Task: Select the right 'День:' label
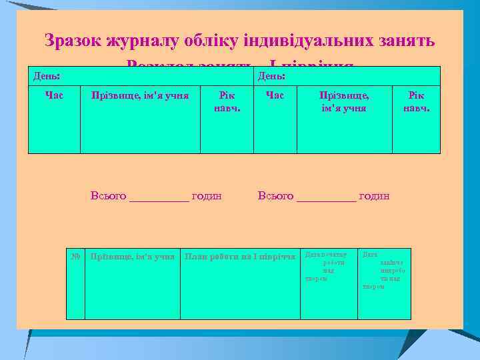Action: pos(272,77)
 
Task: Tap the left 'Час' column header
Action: pos(54,96)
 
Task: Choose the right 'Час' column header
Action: pos(275,96)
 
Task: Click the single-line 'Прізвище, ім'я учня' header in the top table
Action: pos(140,96)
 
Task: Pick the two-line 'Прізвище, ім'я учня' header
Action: pos(344,101)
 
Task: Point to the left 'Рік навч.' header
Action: pos(227,101)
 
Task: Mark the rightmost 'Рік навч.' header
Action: pos(416,101)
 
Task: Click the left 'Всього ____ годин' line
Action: pos(156,196)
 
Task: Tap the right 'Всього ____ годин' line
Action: pos(323,196)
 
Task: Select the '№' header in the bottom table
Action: pos(76,256)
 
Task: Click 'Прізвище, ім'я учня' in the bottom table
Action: pos(133,256)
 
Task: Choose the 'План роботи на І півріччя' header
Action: pos(240,256)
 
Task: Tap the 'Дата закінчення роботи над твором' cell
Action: pos(383,270)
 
